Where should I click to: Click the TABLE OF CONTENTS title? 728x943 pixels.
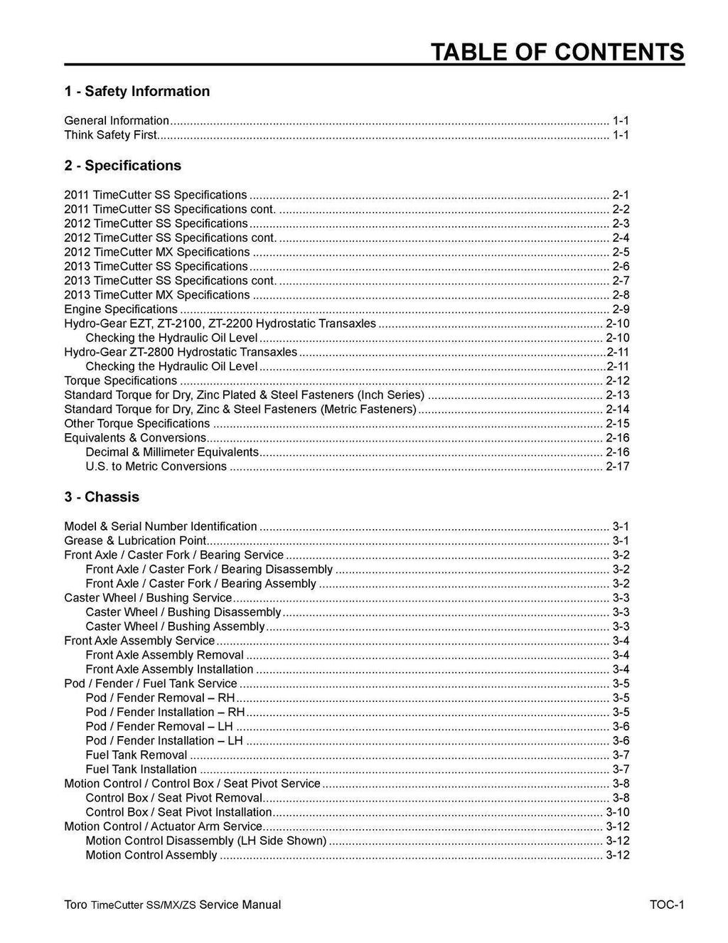(x=558, y=52)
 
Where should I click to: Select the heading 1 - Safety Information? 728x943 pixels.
(x=136, y=91)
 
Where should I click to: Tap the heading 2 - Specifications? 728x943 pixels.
(x=122, y=166)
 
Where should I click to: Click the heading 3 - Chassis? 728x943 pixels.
(x=102, y=497)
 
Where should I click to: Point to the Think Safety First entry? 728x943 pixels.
(x=110, y=135)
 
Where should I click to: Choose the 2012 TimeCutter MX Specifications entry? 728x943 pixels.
(x=156, y=252)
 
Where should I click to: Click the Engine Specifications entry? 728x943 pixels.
(x=121, y=309)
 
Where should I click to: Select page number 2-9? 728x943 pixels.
(x=621, y=309)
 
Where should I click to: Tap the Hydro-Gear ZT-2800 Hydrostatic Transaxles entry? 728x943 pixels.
(x=181, y=352)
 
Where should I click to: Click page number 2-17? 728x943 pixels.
(x=617, y=467)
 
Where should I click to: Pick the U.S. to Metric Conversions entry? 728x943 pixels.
(x=156, y=467)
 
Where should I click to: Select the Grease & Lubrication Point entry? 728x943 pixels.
(x=135, y=541)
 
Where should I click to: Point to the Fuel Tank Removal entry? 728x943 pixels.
(x=136, y=755)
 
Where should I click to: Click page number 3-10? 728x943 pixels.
(x=617, y=812)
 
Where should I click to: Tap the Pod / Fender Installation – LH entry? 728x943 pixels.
(x=164, y=741)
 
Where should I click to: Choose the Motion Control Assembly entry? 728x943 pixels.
(x=151, y=855)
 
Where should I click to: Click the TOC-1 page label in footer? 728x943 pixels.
(x=666, y=905)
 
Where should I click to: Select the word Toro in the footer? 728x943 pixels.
(x=75, y=905)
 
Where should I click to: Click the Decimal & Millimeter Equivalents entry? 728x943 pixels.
(x=171, y=452)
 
